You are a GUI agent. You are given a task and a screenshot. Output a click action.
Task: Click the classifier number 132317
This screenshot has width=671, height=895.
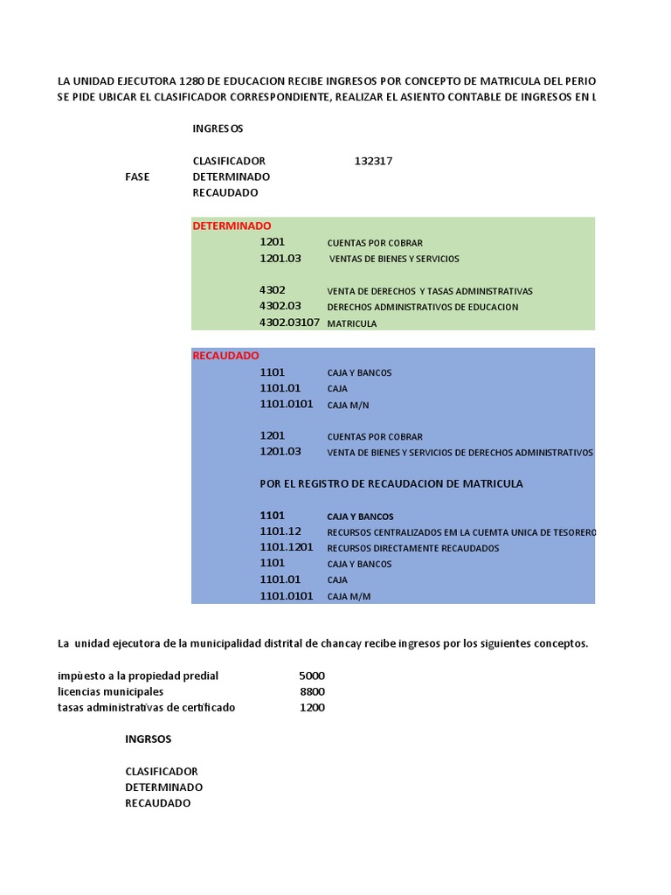[x=373, y=161]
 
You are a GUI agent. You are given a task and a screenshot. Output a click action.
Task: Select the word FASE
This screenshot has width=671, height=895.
[x=137, y=177]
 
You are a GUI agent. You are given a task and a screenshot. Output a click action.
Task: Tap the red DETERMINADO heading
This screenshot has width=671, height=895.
[x=232, y=225]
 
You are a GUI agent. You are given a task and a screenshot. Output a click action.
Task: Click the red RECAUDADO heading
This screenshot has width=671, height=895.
[x=225, y=356]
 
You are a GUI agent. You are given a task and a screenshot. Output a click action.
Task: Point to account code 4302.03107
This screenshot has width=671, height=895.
[x=289, y=323]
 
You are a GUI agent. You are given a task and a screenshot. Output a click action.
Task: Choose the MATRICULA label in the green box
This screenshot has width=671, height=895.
[x=352, y=323]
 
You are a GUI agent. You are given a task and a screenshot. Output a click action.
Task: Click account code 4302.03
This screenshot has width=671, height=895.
[x=280, y=306]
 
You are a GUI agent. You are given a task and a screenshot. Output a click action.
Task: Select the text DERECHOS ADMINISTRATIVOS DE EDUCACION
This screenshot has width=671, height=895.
[x=422, y=307]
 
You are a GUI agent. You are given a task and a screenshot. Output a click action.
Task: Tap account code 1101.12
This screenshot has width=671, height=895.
[x=280, y=531]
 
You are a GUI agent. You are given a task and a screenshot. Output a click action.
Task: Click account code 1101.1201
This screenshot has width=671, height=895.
[x=286, y=547]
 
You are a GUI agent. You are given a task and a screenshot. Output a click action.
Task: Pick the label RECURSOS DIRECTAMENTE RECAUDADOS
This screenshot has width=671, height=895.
[x=412, y=548]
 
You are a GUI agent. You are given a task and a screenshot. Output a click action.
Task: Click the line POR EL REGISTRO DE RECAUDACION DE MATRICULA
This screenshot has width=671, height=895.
[x=391, y=483]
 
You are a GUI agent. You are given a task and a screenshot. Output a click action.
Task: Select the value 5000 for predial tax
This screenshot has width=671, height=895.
[x=311, y=676]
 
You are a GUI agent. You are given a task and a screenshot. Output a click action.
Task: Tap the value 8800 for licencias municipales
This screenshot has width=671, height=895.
[x=312, y=691]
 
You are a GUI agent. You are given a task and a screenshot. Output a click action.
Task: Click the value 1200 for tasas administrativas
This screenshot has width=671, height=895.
[x=312, y=707]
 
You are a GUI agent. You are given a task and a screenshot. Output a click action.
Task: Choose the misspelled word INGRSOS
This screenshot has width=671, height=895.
[x=149, y=739]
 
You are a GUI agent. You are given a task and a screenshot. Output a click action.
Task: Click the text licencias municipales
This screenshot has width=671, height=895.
[x=110, y=691]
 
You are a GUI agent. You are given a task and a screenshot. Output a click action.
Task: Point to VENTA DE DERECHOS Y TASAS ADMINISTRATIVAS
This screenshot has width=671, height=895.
[x=429, y=291]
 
